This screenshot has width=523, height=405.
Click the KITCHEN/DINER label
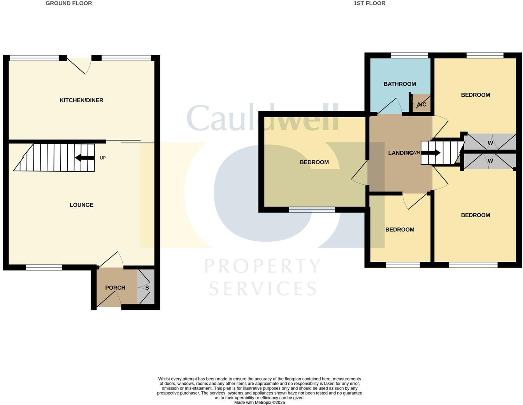pos(81,100)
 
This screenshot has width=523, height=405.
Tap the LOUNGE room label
pos(81,205)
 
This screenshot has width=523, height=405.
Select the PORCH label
pos(115,288)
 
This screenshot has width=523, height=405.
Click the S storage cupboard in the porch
pos(147,288)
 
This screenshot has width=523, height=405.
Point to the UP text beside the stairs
pos(103,158)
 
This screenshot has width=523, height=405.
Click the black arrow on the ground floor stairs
pos(84,158)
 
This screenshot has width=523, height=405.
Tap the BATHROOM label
pos(400,84)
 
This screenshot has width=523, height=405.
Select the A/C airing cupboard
pos(421,104)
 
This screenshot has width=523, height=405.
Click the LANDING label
pos(401,153)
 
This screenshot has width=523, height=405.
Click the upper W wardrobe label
pos(490,143)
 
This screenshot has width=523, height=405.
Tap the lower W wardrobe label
pos(490,161)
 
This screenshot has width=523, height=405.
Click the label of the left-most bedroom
pos(314,162)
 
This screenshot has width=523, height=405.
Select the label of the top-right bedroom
pos(475,95)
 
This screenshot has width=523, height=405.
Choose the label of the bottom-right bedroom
pos(475,215)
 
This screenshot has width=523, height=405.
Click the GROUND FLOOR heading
pos(69,4)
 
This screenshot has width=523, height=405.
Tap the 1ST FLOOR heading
pos(369,4)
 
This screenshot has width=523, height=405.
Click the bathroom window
pos(409,55)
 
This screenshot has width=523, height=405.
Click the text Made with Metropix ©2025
pos(260,403)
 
